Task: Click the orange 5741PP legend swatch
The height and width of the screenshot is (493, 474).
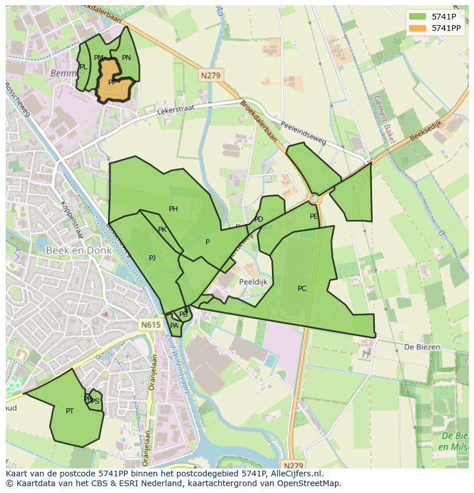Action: pos(418,28)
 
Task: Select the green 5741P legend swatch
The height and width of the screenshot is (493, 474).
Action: pos(418,17)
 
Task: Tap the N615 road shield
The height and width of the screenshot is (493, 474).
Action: pos(151,325)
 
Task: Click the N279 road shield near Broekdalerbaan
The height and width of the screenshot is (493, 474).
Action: pos(211,75)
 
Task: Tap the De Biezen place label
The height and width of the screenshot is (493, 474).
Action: pos(422,347)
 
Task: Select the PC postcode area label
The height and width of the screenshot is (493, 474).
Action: pos(302,289)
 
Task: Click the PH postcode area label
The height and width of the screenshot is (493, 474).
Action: pos(173,209)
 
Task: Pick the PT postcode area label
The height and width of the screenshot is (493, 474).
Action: pos(70,411)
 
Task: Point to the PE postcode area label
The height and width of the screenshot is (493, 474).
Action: pos(314,216)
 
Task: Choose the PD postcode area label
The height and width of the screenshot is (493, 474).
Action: pos(259,219)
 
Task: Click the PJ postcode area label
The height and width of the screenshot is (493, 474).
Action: pos(152,258)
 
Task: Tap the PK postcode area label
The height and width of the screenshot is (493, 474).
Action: pos(162,230)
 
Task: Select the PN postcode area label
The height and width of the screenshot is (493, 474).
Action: pos(127,58)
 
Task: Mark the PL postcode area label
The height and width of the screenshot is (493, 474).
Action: pos(84,67)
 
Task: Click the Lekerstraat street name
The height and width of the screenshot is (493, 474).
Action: pos(175,109)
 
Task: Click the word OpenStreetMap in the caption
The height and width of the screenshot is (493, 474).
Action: pos(309,483)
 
